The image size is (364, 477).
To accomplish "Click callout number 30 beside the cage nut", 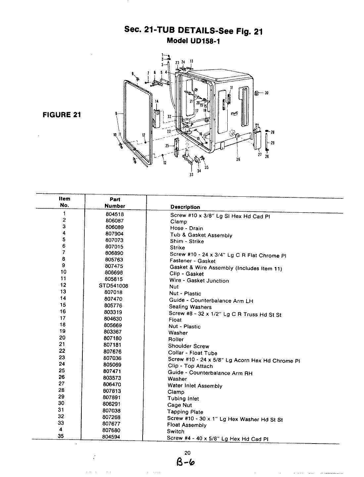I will coord(266,93).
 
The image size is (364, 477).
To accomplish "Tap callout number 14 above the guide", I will coord(156,101).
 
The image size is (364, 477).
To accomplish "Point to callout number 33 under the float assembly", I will coord(191,175).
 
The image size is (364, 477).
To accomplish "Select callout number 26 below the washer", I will coord(238,159).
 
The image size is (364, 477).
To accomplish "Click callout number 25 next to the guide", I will coord(167,145).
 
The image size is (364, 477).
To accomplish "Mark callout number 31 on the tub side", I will coord(231,87).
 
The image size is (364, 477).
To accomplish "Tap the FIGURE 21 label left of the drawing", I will coord(62,115).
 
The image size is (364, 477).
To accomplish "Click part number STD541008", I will coord(114,286).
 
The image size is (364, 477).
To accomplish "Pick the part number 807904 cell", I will coord(114,234).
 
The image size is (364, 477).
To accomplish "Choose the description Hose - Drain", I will coord(186,228).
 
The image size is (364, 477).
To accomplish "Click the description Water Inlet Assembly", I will coord(195,386).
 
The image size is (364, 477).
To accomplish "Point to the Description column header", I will coord(185,207).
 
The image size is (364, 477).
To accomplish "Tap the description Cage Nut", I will coord(179,405).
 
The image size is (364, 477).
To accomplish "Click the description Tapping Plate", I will coord(185,412).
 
